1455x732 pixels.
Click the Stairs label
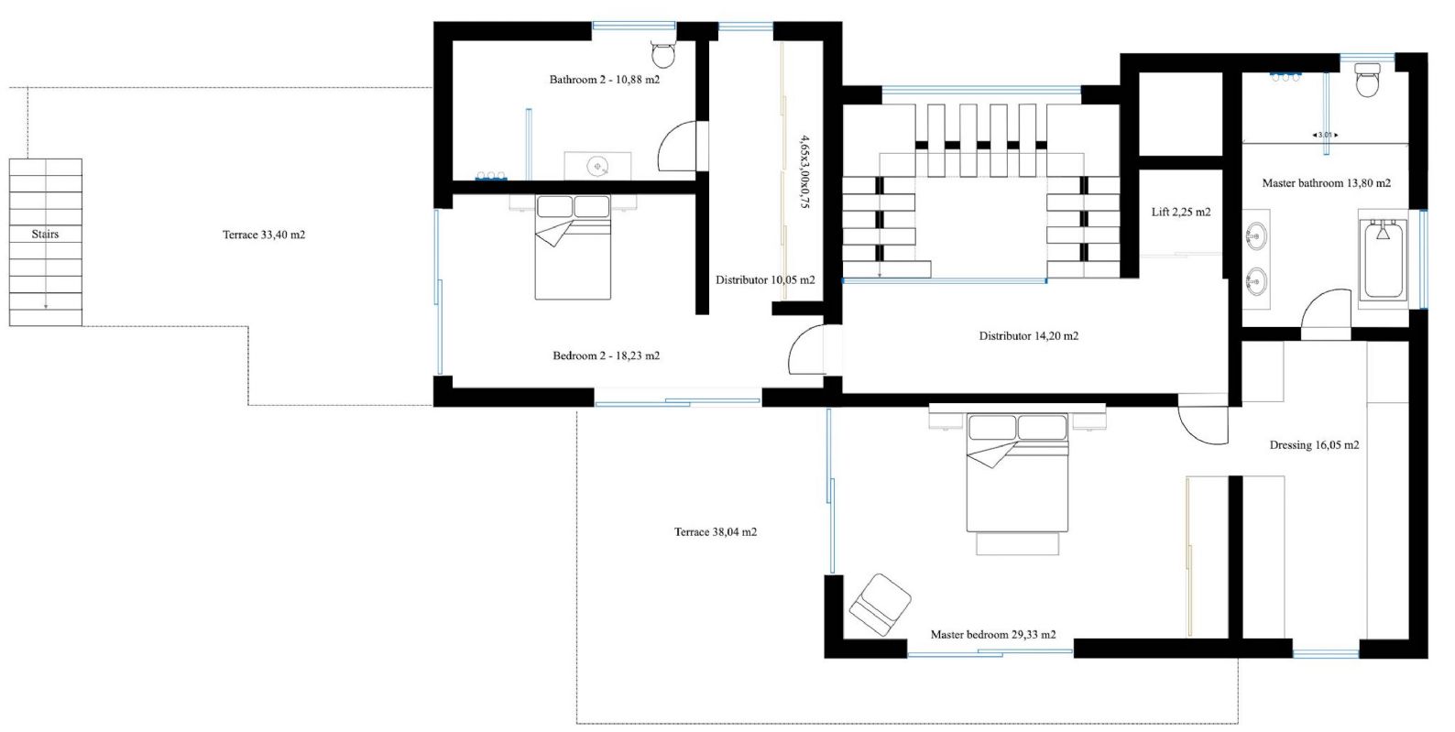45,234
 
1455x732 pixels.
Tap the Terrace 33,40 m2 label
264,235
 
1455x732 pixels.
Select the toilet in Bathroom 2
663,55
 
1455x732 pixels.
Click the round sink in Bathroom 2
597,166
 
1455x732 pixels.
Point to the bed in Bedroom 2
573,246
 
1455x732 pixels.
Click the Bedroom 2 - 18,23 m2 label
606,355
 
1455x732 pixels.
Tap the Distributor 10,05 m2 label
765,280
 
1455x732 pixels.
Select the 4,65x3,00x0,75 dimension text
804,171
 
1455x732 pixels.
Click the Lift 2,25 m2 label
1181,212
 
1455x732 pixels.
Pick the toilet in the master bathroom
1367,79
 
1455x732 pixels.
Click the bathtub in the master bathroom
1384,259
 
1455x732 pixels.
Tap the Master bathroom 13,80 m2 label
1327,183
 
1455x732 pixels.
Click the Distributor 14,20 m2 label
1029,336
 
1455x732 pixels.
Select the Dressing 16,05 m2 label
1314,445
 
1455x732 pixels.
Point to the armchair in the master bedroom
881,605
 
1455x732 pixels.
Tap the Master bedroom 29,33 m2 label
993,635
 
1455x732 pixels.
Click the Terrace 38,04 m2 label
716,532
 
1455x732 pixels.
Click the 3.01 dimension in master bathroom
1325,135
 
